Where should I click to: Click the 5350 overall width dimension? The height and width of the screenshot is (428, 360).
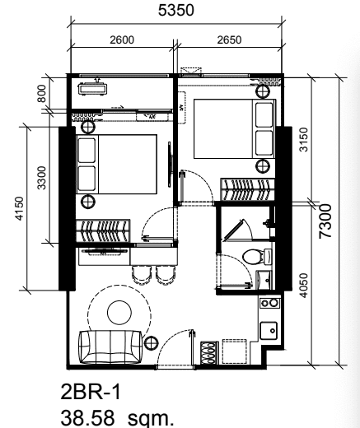click(176, 11)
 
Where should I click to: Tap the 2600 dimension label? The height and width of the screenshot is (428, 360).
click(122, 40)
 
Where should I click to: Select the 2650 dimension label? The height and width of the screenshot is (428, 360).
click(229, 40)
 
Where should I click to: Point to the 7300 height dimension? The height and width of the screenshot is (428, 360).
click(325, 221)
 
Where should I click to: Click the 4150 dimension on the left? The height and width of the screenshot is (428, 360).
click(20, 208)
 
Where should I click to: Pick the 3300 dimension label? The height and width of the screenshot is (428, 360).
click(42, 178)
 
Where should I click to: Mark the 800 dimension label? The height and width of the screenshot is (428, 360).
click(42, 93)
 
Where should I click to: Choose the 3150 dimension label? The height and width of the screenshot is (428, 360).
click(304, 139)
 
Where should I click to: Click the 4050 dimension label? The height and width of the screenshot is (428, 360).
click(304, 286)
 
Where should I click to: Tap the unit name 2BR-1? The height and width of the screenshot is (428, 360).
click(91, 392)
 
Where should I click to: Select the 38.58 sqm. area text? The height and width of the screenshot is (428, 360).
click(117, 417)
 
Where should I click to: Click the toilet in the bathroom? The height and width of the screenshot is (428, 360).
click(257, 257)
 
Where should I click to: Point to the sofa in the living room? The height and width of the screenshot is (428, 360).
click(110, 347)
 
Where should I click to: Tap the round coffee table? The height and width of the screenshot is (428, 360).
click(119, 312)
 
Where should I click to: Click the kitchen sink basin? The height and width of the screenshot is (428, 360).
click(269, 331)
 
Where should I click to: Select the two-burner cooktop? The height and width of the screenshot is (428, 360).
click(269, 303)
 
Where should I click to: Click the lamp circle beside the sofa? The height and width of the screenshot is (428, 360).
click(151, 343)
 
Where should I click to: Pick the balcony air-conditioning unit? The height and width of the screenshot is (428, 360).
click(92, 89)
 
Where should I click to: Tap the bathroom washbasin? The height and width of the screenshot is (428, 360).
click(263, 280)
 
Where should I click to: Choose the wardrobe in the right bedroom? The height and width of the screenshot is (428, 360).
click(247, 190)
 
